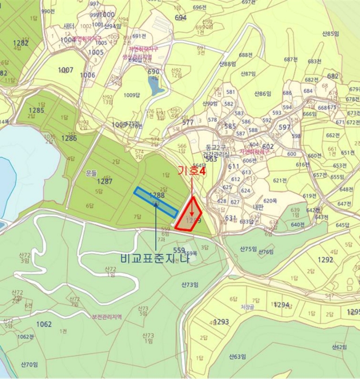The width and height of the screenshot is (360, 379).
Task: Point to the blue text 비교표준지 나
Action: click(x=156, y=258)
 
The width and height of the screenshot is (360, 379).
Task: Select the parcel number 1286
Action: click(x=69, y=138)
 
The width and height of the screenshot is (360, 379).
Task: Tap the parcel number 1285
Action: click(x=36, y=110)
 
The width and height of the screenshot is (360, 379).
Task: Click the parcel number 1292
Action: click(x=325, y=259)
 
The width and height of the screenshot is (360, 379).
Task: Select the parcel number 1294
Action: click(x=282, y=305)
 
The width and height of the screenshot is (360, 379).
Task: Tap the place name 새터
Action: click(x=69, y=25)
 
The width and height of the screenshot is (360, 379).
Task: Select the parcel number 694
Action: click(x=181, y=17)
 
